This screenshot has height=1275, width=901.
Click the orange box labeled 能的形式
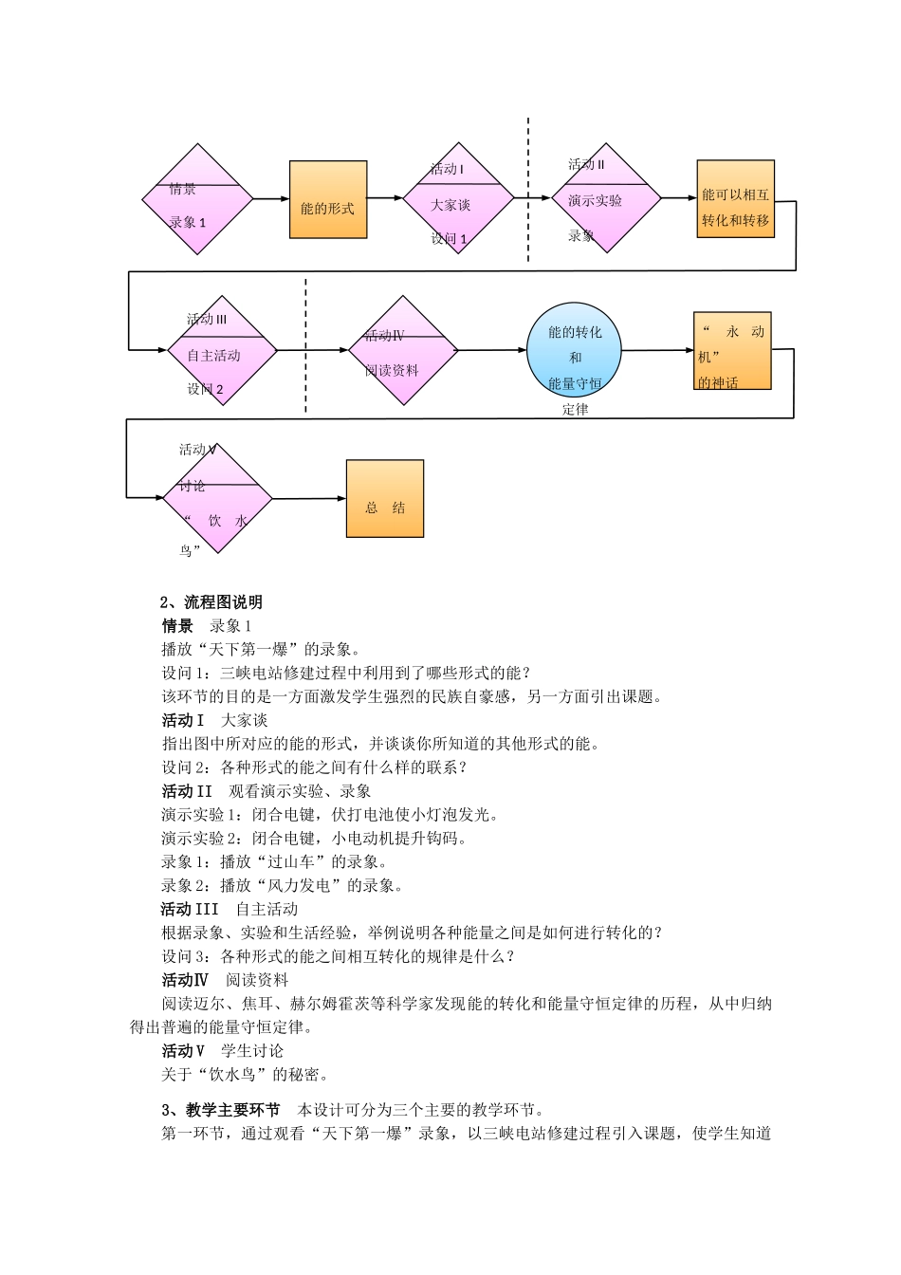click(x=327, y=199)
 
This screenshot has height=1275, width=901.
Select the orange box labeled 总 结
click(x=384, y=499)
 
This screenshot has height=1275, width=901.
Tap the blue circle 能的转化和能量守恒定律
click(x=575, y=350)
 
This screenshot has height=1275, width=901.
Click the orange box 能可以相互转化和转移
click(x=735, y=198)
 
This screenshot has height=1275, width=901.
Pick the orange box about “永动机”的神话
click(x=731, y=350)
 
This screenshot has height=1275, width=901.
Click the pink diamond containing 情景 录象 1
click(x=197, y=199)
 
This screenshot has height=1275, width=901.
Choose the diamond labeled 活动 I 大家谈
click(x=458, y=198)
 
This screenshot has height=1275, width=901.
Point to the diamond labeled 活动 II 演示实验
click(x=606, y=198)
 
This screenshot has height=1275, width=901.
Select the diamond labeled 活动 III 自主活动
click(x=222, y=351)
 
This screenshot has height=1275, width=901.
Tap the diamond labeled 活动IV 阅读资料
click(x=403, y=350)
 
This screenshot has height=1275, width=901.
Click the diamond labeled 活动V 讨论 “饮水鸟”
click(x=218, y=498)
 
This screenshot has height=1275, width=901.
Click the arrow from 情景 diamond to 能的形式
click(x=271, y=199)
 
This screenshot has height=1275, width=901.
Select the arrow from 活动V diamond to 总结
click(x=309, y=498)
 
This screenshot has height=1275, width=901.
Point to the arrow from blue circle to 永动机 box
click(x=658, y=350)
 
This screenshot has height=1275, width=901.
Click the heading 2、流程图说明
click(x=211, y=602)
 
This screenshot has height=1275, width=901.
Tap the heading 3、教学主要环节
click(x=220, y=1110)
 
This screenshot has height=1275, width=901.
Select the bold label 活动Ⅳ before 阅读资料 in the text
click(x=184, y=980)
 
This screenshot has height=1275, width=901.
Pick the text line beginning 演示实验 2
click(x=314, y=839)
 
